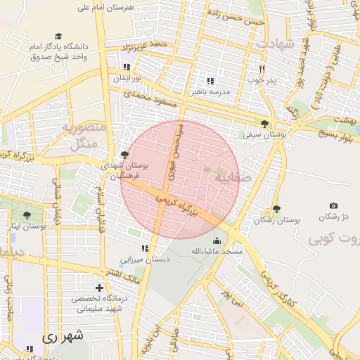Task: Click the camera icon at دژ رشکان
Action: pyautogui.click(x=333, y=205)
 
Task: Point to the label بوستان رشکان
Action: pyautogui.click(x=278, y=220)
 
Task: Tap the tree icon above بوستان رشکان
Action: pyautogui.click(x=276, y=209)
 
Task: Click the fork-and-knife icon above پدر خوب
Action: pyautogui.click(x=262, y=69)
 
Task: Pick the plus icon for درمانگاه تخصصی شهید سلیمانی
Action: pyautogui.click(x=99, y=288)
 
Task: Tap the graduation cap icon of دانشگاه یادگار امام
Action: pyautogui.click(x=58, y=36)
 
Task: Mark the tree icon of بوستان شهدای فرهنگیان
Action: pyautogui.click(x=125, y=154)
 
